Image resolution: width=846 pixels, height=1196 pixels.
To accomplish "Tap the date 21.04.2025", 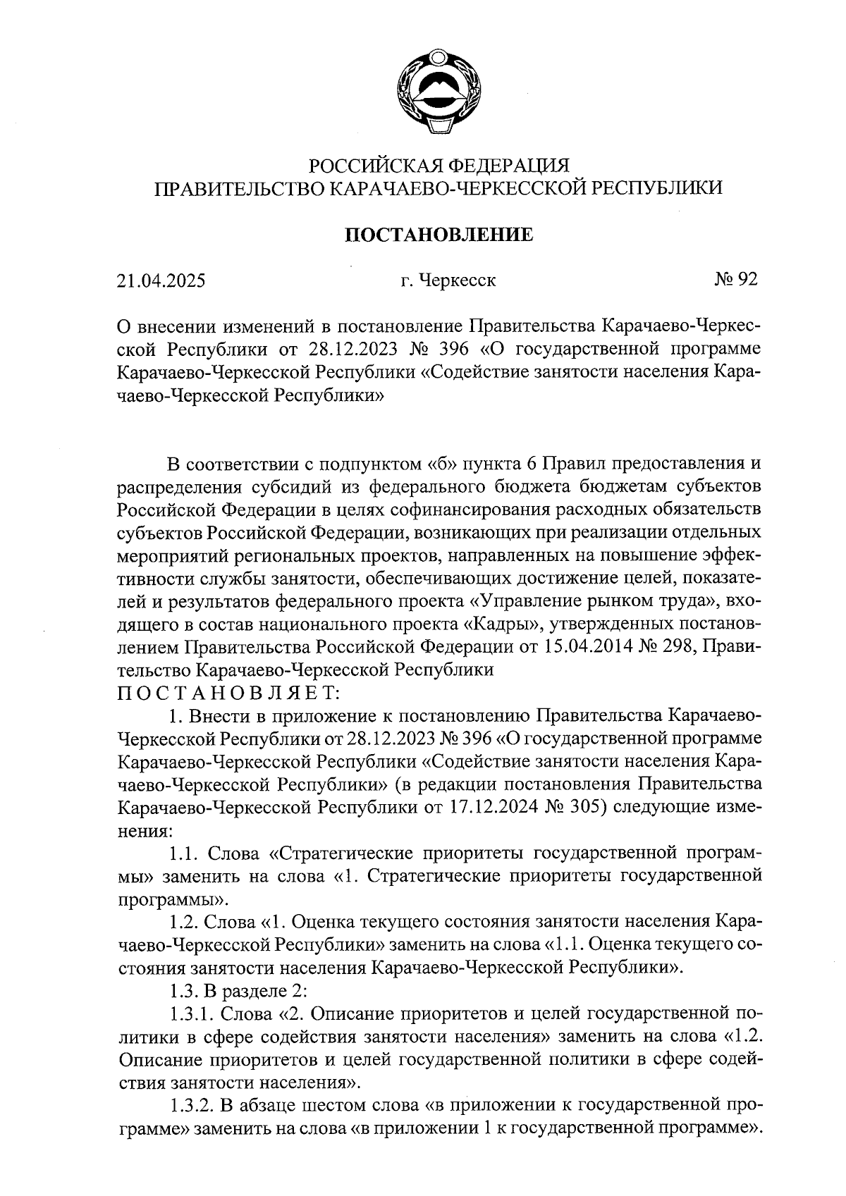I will tap(161, 280).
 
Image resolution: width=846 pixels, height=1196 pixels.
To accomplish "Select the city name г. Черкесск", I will tap(448, 280).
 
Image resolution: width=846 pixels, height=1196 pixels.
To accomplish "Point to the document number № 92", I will tap(735, 280).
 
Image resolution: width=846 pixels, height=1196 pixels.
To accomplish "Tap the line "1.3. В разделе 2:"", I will tap(238, 990).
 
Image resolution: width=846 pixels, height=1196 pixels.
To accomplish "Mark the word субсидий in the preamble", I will tap(314, 488).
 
